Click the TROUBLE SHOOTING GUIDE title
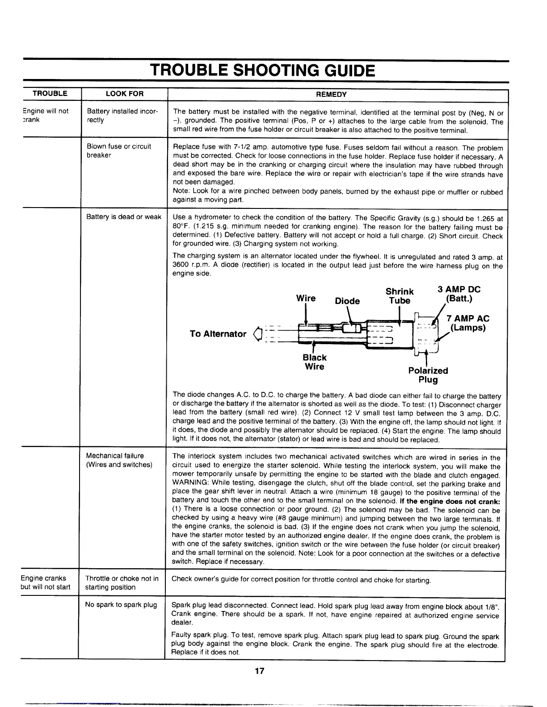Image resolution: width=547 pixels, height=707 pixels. pyautogui.click(x=262, y=71)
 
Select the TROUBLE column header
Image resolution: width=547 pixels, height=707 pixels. pyautogui.click(x=50, y=94)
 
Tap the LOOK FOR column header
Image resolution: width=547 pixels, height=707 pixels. pyautogui.click(x=124, y=94)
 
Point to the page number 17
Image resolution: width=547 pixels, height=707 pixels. pyautogui.click(x=260, y=671)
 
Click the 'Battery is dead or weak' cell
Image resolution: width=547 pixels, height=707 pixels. pyautogui.click(x=124, y=217)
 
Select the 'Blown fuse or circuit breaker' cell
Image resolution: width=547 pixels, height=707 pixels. pyautogui.click(x=118, y=151)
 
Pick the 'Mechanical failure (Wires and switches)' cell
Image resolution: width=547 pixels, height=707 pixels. pyautogui.click(x=119, y=460)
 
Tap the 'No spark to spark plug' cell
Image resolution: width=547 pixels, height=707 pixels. pyautogui.click(x=121, y=605)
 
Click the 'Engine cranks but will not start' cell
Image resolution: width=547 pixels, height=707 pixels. pyautogui.click(x=45, y=582)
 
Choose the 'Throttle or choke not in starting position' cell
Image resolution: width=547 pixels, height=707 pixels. pyautogui.click(x=122, y=582)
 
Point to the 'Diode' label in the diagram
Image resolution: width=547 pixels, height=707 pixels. pyautogui.click(x=347, y=301)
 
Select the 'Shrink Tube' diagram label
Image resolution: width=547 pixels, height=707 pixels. pyautogui.click(x=400, y=296)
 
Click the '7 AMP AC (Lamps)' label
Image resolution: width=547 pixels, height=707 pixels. pyautogui.click(x=467, y=323)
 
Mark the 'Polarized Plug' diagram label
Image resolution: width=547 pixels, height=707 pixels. pyautogui.click(x=428, y=375)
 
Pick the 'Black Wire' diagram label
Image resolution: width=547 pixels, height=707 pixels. pyautogui.click(x=314, y=362)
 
